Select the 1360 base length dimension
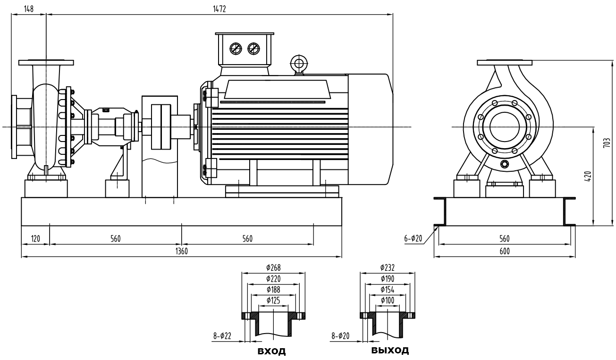tap(182, 252)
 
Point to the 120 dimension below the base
tap(35, 239)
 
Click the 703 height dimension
tap(608, 143)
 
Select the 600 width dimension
tap(504, 252)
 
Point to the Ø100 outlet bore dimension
tap(387, 300)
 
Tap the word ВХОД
tap(271, 352)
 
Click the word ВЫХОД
tap(390, 351)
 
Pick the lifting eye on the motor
tap(298, 62)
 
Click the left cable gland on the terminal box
tap(235, 48)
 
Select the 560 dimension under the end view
tap(504, 239)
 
